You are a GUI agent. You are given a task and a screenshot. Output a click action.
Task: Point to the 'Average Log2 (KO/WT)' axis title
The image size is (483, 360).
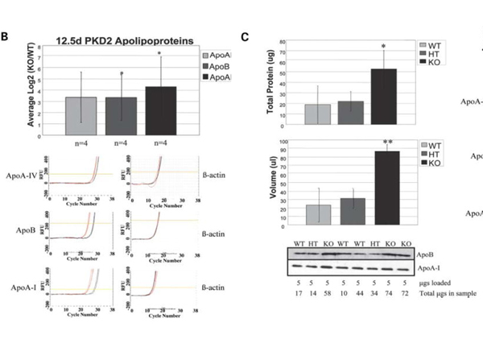31,86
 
